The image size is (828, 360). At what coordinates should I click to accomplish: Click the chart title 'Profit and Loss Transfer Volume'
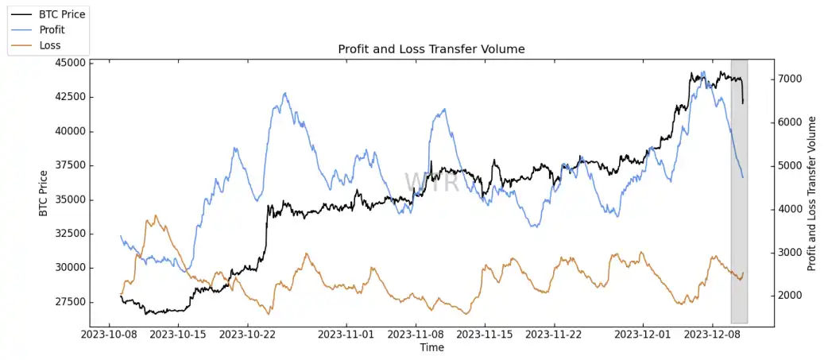coord(431,49)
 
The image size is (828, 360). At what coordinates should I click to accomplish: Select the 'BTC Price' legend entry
coord(61,14)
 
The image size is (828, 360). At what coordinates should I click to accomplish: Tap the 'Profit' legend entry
coord(52,29)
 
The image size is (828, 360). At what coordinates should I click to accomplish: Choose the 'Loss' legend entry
coord(49,45)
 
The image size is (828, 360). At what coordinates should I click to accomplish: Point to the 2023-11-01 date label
coord(347,335)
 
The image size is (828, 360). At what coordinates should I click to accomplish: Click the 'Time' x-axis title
coord(431,347)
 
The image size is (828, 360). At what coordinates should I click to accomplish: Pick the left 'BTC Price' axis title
coord(43,193)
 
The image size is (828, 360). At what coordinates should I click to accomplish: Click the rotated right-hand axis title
coord(811,193)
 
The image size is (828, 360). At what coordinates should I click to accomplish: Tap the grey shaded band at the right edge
coord(739,238)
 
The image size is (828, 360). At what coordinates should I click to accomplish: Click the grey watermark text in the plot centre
coord(431,182)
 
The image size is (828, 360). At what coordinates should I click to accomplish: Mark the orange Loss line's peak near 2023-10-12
coord(156,215)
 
